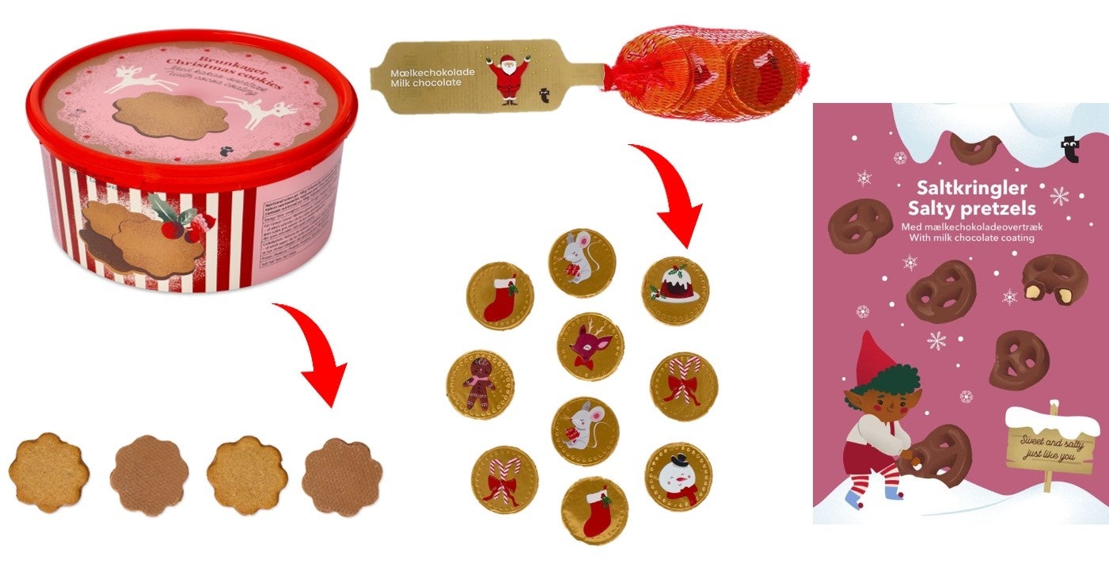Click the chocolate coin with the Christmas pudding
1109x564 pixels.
point(675,290)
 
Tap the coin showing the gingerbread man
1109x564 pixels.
point(480,384)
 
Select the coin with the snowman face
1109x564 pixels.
point(678,476)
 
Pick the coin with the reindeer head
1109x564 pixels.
point(590,346)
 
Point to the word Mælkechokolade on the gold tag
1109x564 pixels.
point(432,72)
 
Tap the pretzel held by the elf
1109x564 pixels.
point(942,455)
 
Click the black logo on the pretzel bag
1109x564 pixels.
point(1069,149)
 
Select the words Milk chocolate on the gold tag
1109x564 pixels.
point(426,83)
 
